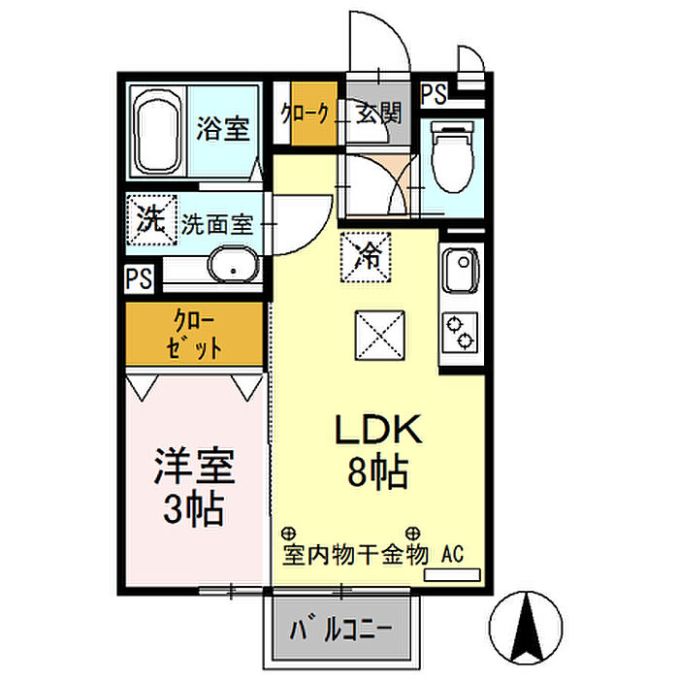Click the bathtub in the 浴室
point(156,133)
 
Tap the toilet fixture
point(452,157)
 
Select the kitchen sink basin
point(460,270)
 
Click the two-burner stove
point(460,332)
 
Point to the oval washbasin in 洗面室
point(234,265)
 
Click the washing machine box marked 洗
point(151,220)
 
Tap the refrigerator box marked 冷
point(366,258)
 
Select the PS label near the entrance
point(434,93)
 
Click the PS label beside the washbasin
point(139,278)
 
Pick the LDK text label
point(378,429)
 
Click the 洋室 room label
point(194,467)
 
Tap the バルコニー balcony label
point(340,629)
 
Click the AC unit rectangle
point(452,574)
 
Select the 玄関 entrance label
point(379,113)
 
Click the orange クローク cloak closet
point(314,113)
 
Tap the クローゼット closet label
point(194,334)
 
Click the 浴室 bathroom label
point(223,129)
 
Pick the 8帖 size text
point(378,471)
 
